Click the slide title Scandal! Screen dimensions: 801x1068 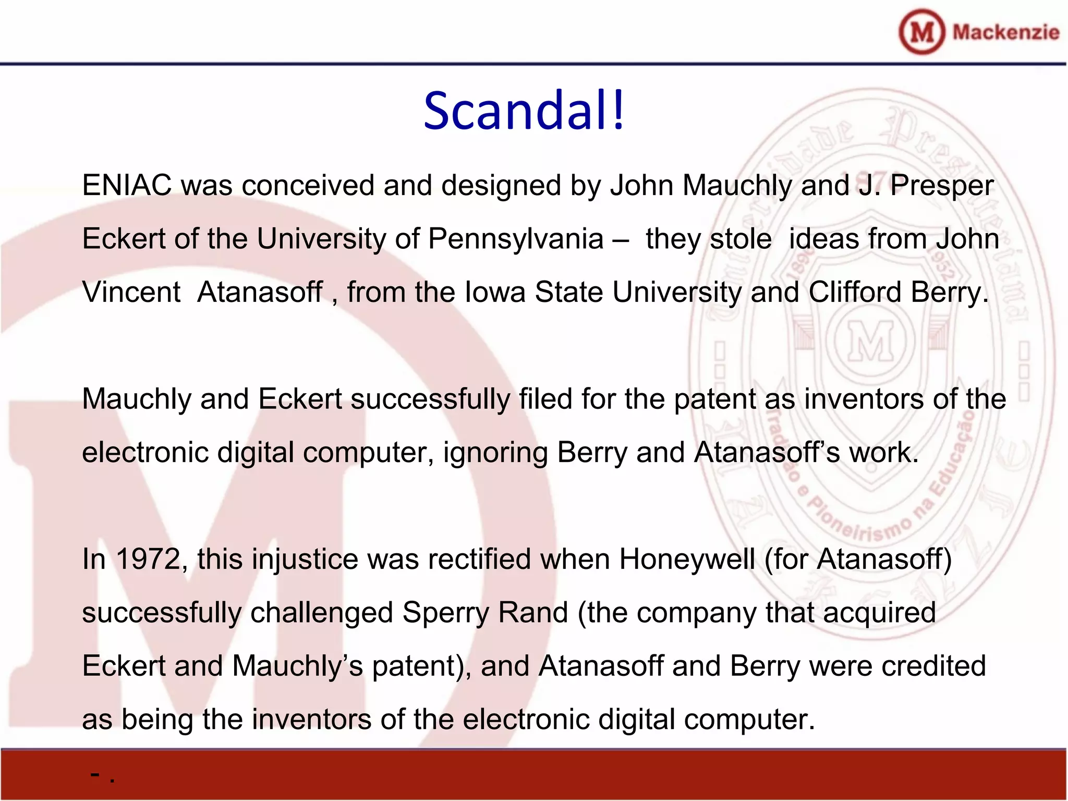click(x=524, y=111)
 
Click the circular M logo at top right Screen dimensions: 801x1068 click(x=921, y=32)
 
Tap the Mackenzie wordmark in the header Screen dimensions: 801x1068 click(x=1005, y=32)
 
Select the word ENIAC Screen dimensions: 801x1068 click(x=127, y=186)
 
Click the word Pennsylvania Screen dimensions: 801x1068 click(x=516, y=239)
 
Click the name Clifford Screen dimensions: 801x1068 click(x=855, y=292)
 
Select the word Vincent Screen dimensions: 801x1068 click(x=131, y=292)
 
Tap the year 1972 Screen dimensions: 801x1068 click(x=148, y=560)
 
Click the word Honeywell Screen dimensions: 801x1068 click(x=687, y=560)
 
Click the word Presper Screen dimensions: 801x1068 click(x=941, y=186)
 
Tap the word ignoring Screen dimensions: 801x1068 click(x=495, y=453)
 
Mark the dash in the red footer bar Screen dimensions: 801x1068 click(x=95, y=775)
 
